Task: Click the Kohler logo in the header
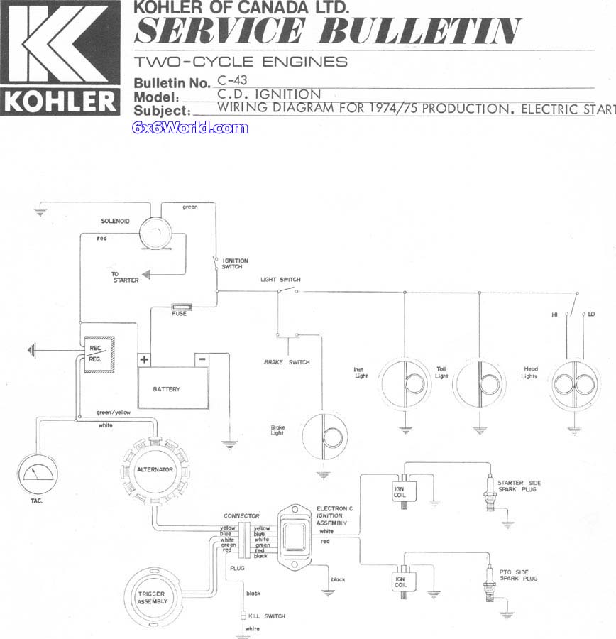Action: pos(60,58)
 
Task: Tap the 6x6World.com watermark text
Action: pos(190,128)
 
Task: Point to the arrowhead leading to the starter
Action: pos(146,275)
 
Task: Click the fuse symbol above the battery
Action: pos(181,307)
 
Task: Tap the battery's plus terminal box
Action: pos(144,360)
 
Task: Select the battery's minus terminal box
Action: pos(202,359)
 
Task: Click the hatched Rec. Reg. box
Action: pos(99,354)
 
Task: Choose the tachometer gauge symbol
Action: pos(38,474)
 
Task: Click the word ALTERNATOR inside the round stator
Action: pos(155,469)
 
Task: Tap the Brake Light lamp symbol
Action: pos(325,436)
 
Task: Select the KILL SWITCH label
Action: pos(267,616)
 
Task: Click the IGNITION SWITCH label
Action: pos(235,263)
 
